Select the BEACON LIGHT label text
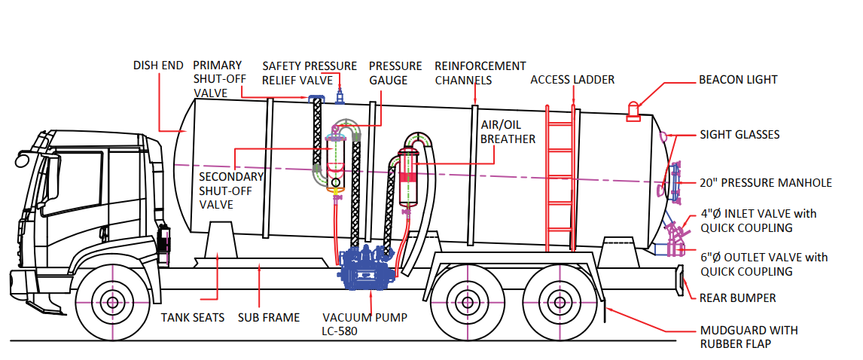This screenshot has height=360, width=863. click(737, 80)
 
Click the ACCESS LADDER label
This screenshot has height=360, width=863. click(572, 79)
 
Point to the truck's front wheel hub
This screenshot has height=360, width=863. click(112, 304)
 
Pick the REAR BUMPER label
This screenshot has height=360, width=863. click(737, 298)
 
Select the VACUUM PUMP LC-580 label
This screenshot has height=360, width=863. click(364, 325)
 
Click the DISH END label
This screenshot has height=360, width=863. click(158, 66)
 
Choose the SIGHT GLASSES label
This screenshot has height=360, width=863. click(739, 135)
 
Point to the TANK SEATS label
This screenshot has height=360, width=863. click(193, 318)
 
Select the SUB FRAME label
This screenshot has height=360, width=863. click(269, 318)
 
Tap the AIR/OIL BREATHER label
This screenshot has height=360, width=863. click(508, 133)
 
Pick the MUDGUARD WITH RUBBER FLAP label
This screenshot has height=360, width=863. click(749, 337)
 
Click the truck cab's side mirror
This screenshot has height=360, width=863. click(23, 159)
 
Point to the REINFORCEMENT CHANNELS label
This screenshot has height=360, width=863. click(480, 73)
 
